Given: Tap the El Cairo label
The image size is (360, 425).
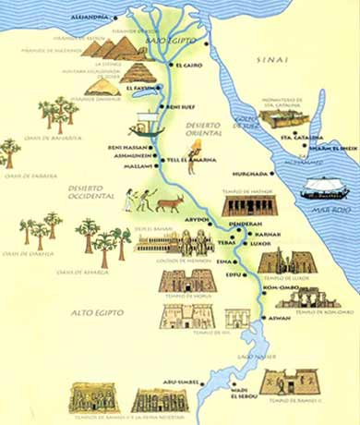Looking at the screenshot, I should click(189, 66).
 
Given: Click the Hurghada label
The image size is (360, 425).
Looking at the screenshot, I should click(250, 173).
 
